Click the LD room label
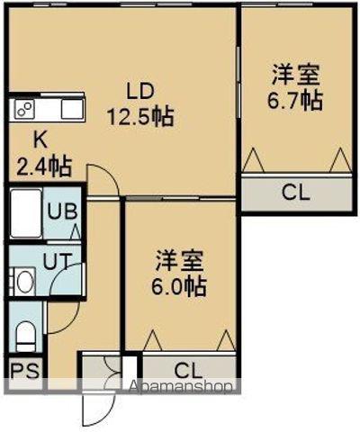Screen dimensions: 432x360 pyautogui.click(x=140, y=91)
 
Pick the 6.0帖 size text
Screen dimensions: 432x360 pyautogui.click(x=179, y=287)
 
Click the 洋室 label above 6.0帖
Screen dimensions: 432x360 pyautogui.click(x=179, y=262)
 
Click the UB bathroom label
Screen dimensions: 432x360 pyautogui.click(x=61, y=213)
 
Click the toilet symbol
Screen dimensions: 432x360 pyautogui.click(x=26, y=334)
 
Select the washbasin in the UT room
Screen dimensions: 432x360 pyautogui.click(x=24, y=281)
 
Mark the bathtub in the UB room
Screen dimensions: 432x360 pyautogui.click(x=24, y=214)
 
